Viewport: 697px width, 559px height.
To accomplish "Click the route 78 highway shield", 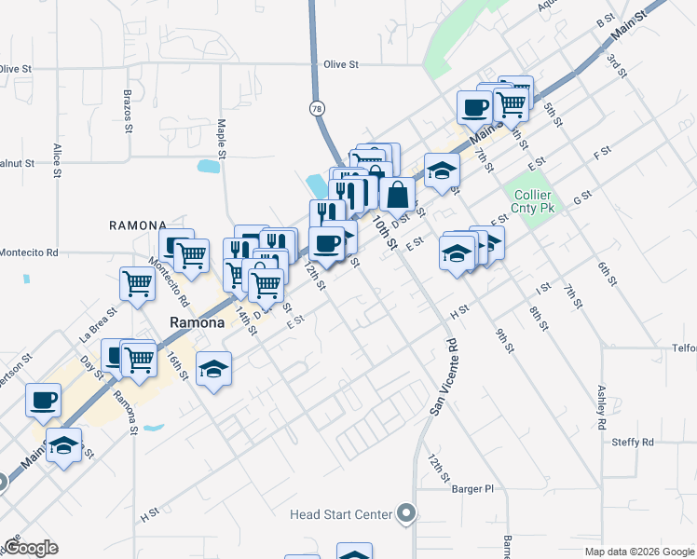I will pyautogui.click(x=318, y=109).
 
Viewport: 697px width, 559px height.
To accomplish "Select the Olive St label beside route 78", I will pyautogui.click(x=341, y=64).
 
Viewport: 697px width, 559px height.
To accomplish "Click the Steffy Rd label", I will pyautogui.click(x=634, y=442).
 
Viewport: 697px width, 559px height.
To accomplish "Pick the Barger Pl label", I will pyautogui.click(x=471, y=488).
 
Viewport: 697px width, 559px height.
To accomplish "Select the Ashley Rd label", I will pyautogui.click(x=603, y=402).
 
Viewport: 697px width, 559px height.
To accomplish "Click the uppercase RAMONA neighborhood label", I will pyautogui.click(x=137, y=225).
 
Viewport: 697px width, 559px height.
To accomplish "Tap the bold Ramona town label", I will pyautogui.click(x=197, y=322).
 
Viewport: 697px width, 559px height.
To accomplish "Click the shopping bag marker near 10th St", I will pyautogui.click(x=397, y=194).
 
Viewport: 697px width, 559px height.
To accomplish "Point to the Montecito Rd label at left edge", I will pyautogui.click(x=28, y=252).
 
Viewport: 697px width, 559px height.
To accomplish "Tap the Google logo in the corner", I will pyautogui.click(x=30, y=548).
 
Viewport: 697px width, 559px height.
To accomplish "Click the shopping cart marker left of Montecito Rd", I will pyautogui.click(x=137, y=282).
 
